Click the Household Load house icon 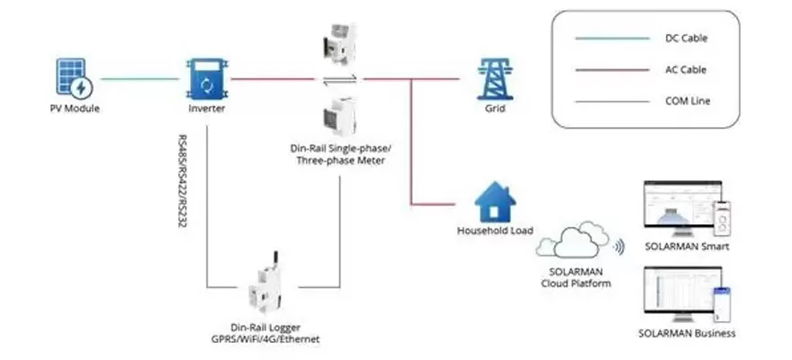493,202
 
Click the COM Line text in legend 686,101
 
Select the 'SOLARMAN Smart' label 687,247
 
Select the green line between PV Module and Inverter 139,79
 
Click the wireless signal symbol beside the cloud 619,245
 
